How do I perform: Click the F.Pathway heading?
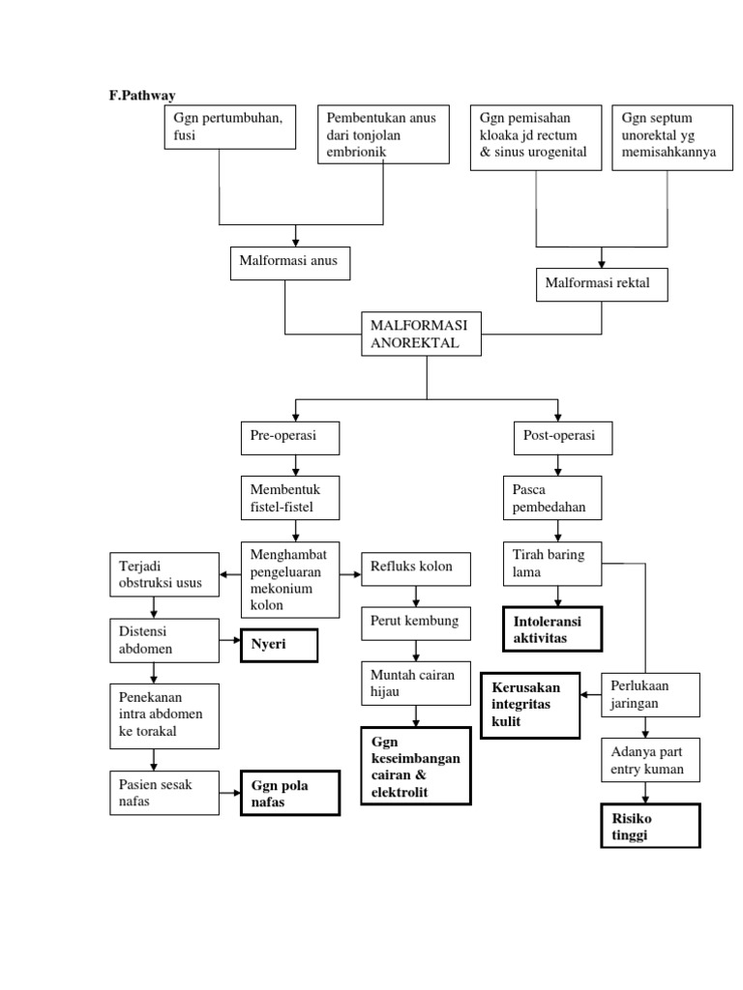(x=141, y=95)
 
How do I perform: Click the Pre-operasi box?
(x=290, y=437)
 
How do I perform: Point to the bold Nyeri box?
(x=280, y=644)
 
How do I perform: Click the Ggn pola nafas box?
(x=290, y=793)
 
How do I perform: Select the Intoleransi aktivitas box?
(x=551, y=628)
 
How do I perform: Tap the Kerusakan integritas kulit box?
(x=529, y=705)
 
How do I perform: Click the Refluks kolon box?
(x=416, y=568)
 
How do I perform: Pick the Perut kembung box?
(x=416, y=622)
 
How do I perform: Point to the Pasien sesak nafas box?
(x=163, y=793)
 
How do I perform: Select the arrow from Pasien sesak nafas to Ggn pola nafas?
(x=230, y=793)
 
